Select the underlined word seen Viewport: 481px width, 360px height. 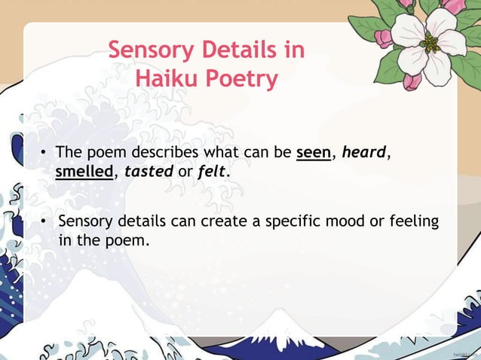pos(314,154)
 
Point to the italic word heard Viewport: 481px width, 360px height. pos(363,154)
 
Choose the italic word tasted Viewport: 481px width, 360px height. pos(149,172)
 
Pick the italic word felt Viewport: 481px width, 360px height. pos(211,172)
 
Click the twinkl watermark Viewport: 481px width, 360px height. pos(466,352)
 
